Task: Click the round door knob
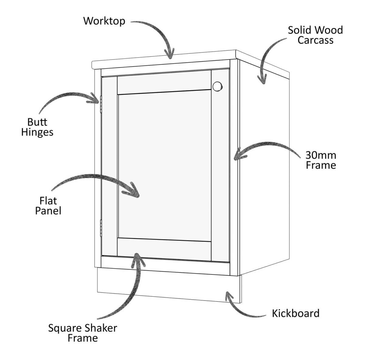tap(217, 86)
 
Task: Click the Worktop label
tap(104, 21)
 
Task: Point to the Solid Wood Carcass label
tap(315, 35)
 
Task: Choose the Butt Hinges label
tap(37, 127)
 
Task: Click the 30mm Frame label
tap(321, 160)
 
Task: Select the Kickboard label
tap(296, 313)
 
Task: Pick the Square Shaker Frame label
tap(83, 333)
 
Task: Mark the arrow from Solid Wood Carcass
tap(269, 58)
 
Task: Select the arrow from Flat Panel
tap(97, 183)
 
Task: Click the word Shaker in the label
tap(99, 328)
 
